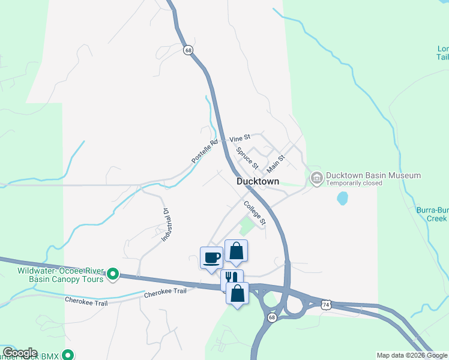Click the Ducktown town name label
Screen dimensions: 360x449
(x=258, y=181)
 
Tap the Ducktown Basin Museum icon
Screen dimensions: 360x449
(x=316, y=178)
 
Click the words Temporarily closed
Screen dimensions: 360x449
(x=354, y=183)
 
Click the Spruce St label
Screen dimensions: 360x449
(x=247, y=158)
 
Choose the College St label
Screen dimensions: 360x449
(x=255, y=213)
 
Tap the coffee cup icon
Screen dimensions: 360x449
(x=211, y=258)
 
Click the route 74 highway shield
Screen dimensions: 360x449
(x=326, y=305)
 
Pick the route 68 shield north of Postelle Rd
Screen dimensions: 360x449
(x=188, y=50)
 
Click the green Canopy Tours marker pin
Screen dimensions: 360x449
(x=112, y=275)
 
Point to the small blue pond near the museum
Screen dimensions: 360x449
(x=342, y=198)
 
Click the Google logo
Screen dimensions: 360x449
(x=20, y=353)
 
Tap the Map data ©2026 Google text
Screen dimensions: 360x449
(x=412, y=355)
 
